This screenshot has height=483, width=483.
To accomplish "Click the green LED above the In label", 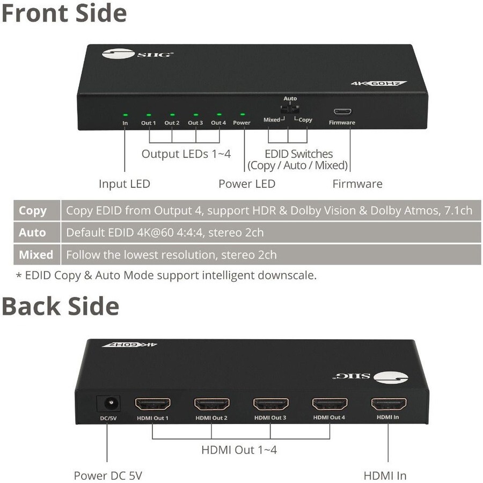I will pyautogui.click(x=125, y=114).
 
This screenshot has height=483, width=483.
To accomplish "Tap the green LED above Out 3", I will pyautogui.click(x=195, y=115).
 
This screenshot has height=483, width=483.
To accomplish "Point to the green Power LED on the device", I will pyautogui.click(x=241, y=115).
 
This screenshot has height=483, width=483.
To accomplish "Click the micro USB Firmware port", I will pyautogui.click(x=342, y=112).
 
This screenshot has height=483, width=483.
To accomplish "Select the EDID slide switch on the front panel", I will pyautogui.click(x=290, y=109).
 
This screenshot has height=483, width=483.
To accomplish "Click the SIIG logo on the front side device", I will pyautogui.click(x=137, y=54).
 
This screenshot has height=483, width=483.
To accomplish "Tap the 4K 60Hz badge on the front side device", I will pyautogui.click(x=379, y=84).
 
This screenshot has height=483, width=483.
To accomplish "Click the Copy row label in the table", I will pyautogui.click(x=33, y=210).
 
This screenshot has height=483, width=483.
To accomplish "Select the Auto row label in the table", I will pyautogui.click(x=33, y=232).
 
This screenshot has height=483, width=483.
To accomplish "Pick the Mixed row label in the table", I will pyautogui.click(x=36, y=254).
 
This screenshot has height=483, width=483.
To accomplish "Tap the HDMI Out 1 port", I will pyautogui.click(x=152, y=404).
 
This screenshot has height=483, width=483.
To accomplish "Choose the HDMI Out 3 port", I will pyautogui.click(x=270, y=404).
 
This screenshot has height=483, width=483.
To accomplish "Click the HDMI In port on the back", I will pyautogui.click(x=388, y=404).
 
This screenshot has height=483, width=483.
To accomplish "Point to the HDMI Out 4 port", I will pyautogui.click(x=329, y=404).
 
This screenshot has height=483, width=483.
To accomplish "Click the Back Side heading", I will pyautogui.click(x=60, y=306).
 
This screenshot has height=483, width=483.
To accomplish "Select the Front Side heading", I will pyautogui.click(x=64, y=13).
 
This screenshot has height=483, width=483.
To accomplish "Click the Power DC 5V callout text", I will pyautogui.click(x=108, y=475).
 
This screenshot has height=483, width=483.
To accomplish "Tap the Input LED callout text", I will pyautogui.click(x=124, y=184).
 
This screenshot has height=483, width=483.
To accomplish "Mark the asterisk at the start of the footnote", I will pyautogui.click(x=19, y=276).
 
